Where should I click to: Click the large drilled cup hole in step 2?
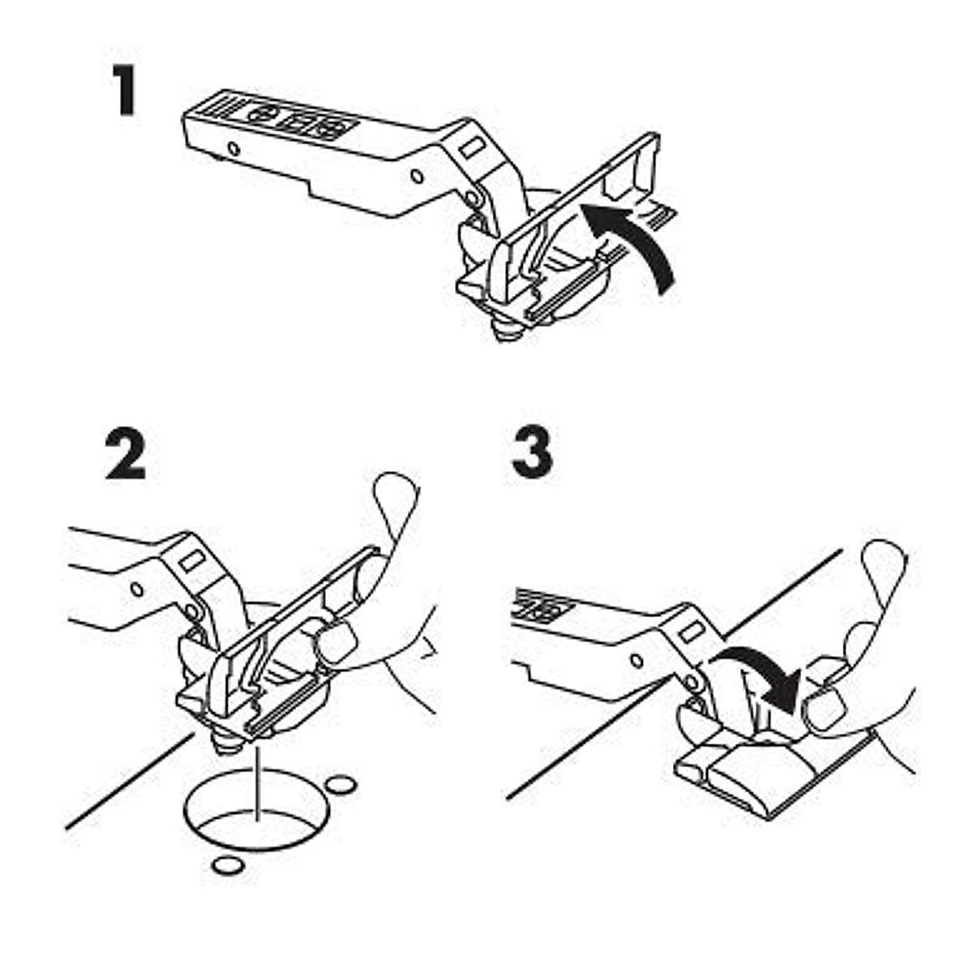pos(255,811)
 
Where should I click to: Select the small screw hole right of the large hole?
pos(340,784)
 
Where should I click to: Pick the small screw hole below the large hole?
pos(226,865)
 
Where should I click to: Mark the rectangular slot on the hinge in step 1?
pos(470,149)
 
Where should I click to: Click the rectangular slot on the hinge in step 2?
pos(191,559)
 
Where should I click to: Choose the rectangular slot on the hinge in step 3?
pos(692,631)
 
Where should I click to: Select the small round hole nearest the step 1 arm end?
pos(234,149)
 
